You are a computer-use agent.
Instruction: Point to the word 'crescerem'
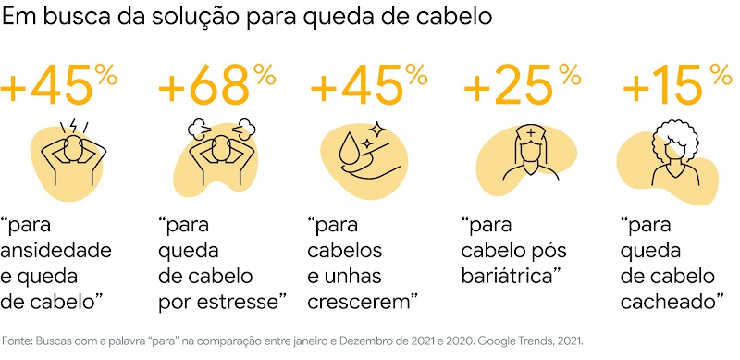(358, 301)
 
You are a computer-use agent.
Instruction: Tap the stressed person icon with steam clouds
(214, 152)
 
